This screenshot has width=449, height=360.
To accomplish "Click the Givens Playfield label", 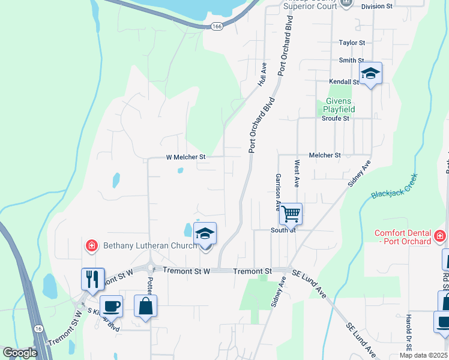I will coord(339,106).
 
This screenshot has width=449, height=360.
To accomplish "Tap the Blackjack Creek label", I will coord(394,187).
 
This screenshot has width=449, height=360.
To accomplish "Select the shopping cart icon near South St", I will coord(291,213).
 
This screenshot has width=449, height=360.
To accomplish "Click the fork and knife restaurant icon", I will coord(92,279).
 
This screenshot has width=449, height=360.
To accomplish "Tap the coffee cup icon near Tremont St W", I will coord(111,306).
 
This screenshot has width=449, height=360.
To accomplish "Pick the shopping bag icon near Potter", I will coord(145,306).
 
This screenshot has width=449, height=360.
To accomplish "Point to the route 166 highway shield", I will coord(217,26).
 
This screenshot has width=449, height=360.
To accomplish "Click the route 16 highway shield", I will coord(38,329).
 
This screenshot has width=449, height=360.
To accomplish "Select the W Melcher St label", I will coord(185,157).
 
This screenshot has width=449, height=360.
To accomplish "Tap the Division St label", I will coord(376,6).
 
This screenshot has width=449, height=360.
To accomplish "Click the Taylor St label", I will coord(352,43).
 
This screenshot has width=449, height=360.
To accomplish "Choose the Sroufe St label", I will coord(335,119).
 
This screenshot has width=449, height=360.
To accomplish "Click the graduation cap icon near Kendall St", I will coord(370,74).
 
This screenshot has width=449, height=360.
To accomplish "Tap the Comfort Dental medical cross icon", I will coord(440,236).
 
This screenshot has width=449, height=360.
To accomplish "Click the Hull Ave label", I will coord(262,75).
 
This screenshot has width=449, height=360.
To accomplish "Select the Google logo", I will coord(20,353).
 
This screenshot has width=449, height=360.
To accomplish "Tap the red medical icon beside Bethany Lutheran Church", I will coord(91,245).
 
